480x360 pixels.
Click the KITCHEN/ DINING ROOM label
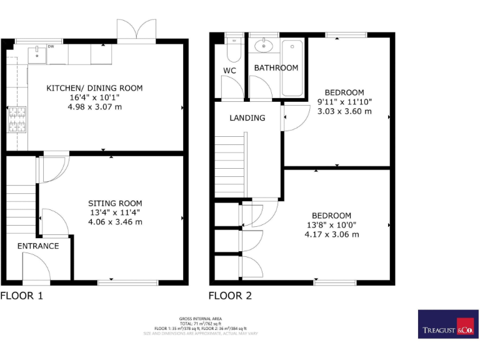[94, 88]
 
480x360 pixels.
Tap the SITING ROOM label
[114, 203]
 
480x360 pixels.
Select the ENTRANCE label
[37, 246]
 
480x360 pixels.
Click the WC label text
[229, 71]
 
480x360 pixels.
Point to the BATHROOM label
[276, 67]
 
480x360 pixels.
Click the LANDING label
[247, 117]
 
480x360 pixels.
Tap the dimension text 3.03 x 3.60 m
[344, 111]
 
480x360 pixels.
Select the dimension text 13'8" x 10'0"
[332, 225]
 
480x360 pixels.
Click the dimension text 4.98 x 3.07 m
[94, 107]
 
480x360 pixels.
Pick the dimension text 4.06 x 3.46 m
[114, 222]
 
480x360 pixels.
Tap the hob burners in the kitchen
[16, 119]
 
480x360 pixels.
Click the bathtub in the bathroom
[292, 67]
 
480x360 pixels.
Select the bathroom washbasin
[264, 45]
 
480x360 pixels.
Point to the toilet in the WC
[234, 48]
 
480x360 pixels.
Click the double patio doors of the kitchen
[137, 31]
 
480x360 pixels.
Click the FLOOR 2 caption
[229, 296]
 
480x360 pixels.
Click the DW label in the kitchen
[51, 46]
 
